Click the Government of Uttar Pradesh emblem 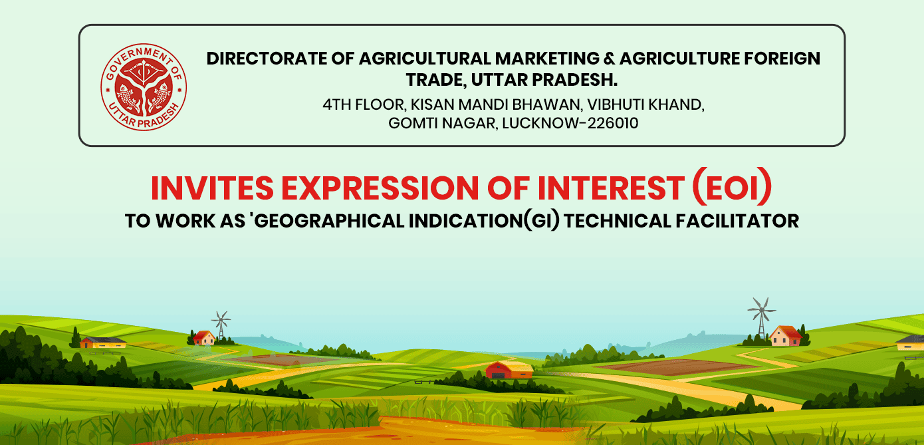point(144,87)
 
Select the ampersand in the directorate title point(610,59)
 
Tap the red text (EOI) point(732,187)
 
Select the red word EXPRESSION point(380,188)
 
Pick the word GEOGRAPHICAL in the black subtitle point(329,221)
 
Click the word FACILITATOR point(737,221)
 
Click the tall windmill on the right point(762,317)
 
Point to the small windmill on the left point(221,325)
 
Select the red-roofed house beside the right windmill point(786,336)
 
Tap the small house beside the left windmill point(204,338)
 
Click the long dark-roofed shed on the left point(103,342)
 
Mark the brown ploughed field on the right point(677,367)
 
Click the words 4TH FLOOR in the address point(364,104)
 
